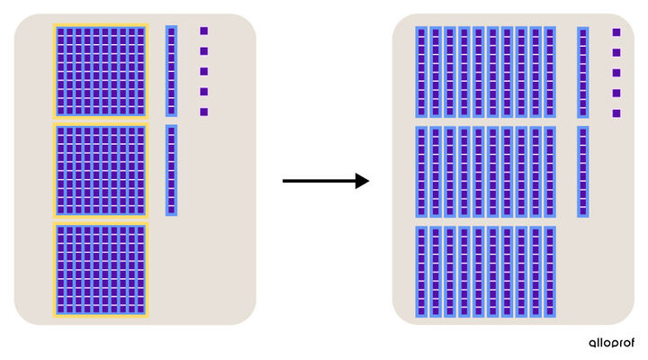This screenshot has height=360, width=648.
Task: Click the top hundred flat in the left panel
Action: click(101, 71)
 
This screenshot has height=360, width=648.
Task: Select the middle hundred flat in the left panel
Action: click(101, 170)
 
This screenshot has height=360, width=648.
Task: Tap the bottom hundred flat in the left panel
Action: click(101, 270)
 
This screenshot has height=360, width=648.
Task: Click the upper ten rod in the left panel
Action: click(172, 71)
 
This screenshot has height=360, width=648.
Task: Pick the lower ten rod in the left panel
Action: click(172, 170)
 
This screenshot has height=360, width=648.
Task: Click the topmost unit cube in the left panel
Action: click(203, 31)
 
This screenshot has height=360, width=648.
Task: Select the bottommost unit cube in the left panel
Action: click(203, 112)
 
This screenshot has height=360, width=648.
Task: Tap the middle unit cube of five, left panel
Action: click(203, 71)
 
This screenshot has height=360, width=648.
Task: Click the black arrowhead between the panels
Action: click(362, 181)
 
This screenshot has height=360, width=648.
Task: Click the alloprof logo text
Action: click(612, 343)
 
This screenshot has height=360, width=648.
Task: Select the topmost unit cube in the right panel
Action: click(616, 32)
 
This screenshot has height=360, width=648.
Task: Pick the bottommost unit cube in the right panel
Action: click(616, 113)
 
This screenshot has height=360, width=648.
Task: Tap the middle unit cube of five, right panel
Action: click(616, 73)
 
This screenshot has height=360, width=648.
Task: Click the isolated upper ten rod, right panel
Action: click(582, 72)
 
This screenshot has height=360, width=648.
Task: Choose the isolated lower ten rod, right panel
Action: click(582, 172)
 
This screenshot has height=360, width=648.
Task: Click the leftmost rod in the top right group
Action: click(421, 72)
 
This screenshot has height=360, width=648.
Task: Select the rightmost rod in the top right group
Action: click(550, 72)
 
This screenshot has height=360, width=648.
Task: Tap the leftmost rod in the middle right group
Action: click(421, 172)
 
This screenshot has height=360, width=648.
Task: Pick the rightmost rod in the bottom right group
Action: click(550, 272)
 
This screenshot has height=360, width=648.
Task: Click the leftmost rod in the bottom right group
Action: click(421, 272)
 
